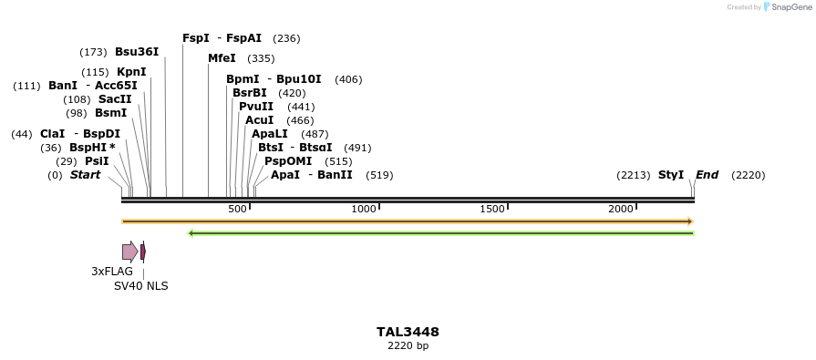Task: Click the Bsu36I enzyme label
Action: coord(137,52)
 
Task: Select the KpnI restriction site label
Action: coord(131,72)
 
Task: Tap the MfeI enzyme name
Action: coord(222,58)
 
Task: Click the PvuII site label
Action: coord(256,107)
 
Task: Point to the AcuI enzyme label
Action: coord(260,120)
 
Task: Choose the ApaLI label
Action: coord(271,134)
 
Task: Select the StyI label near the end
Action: coord(671,175)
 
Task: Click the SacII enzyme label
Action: coord(115,99)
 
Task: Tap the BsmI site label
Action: coord(111,113)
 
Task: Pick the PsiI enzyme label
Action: coord(97,161)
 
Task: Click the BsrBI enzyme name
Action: coord(250,93)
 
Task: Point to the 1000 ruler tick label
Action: coord(364,210)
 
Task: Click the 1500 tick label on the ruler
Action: coord(492,210)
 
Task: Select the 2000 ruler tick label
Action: coord(621,210)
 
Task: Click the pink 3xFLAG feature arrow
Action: coord(130,252)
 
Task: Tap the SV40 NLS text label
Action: coord(140,286)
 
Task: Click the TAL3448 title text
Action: coord(408,332)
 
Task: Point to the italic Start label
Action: coord(86,175)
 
